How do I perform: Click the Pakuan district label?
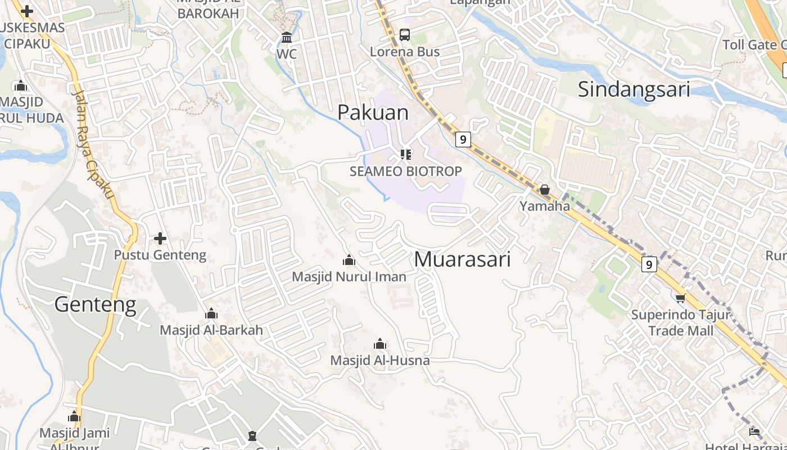point(373,112)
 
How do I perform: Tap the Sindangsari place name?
point(634,89)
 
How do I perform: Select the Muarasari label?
point(462,259)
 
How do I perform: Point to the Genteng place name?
point(95,304)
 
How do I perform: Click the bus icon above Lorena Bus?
point(404,35)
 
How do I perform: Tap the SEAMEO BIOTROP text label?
point(405,171)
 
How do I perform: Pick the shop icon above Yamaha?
point(544,190)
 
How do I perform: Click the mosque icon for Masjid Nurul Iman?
point(349,260)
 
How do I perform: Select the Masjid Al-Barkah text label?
point(211,330)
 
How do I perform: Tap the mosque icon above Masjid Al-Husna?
point(380,344)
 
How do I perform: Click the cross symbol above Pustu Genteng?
point(160,238)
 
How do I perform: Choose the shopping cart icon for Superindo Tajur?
point(680,298)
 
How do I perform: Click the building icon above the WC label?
point(287,38)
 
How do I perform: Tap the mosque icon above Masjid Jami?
point(74,417)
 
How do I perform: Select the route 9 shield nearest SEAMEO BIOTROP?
point(463,139)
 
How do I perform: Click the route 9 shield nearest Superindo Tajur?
point(649,264)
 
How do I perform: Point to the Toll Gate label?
point(754,45)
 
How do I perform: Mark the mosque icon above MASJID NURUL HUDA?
point(21,86)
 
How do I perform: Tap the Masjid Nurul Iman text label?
point(349,277)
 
